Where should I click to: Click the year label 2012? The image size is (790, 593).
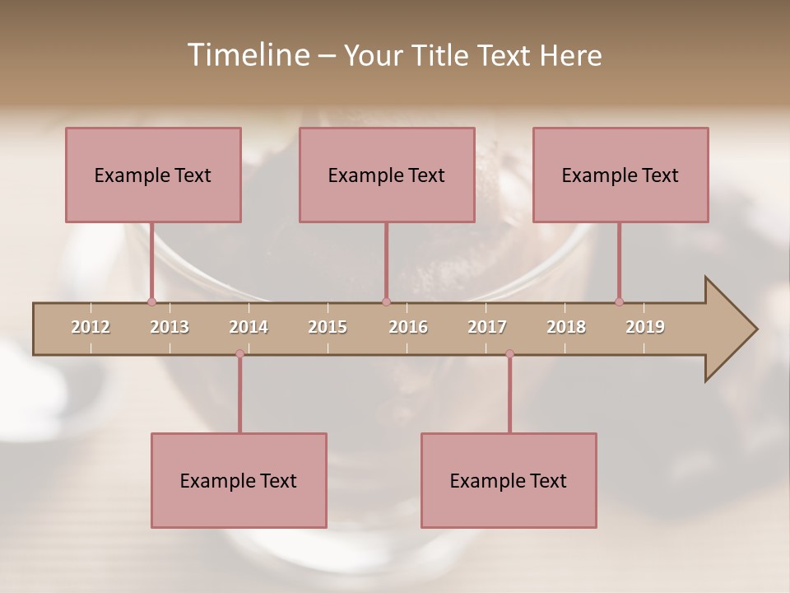click(91, 327)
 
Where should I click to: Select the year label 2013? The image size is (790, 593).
click(170, 327)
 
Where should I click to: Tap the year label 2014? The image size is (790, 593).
click(249, 327)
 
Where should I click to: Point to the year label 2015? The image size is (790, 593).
click(328, 327)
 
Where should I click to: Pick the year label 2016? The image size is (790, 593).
click(408, 327)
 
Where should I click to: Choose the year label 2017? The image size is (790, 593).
click(487, 327)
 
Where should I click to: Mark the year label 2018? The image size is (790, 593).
click(566, 327)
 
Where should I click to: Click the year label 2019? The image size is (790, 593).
click(645, 327)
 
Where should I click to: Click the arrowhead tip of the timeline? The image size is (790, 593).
click(755, 329)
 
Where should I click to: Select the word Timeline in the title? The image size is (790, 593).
click(248, 55)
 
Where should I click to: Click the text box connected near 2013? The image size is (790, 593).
click(153, 175)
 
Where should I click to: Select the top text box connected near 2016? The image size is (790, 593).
click(387, 175)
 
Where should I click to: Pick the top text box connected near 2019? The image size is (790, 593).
click(620, 175)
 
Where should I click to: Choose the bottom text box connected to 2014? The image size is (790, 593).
click(239, 480)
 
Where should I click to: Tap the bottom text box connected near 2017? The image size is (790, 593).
click(509, 480)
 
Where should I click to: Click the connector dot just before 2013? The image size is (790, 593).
click(151, 301)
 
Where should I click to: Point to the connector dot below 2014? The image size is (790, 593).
click(239, 353)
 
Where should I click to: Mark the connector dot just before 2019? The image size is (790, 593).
click(619, 301)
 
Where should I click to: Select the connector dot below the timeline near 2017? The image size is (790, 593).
click(509, 353)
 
